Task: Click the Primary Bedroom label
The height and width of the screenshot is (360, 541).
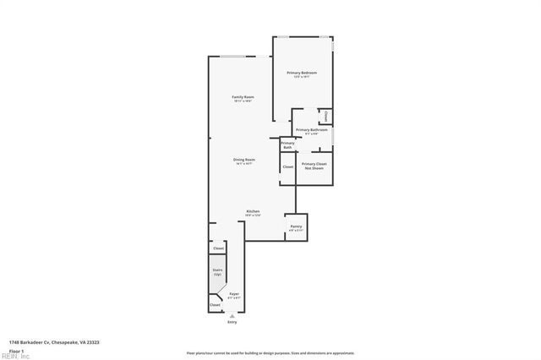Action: coord(301,74)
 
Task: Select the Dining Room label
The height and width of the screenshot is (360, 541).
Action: coord(244,161)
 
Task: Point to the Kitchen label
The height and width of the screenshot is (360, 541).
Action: coord(253,212)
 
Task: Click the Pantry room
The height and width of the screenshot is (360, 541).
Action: coord(296,226)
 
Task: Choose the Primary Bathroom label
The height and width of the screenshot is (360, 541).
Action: coord(312,130)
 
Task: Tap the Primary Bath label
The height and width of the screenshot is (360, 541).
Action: coord(287,145)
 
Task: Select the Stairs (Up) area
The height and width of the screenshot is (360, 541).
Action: coord(217,272)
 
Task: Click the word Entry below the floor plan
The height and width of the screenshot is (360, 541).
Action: coord(232,322)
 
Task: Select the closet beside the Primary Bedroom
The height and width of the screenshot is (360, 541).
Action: coord(325,115)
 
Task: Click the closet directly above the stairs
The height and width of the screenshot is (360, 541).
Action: coord(218,248)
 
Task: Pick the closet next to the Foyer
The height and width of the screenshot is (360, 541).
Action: coord(215,304)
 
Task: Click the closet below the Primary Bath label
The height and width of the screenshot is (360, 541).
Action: coord(287,167)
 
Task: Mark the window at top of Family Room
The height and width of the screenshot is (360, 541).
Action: coord(234,57)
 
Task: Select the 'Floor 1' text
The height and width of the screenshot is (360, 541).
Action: coord(16,350)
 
